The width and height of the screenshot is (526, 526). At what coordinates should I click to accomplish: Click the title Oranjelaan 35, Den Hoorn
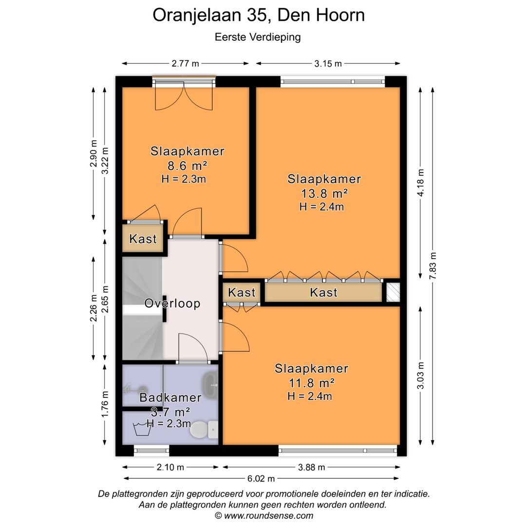[x=259, y=16]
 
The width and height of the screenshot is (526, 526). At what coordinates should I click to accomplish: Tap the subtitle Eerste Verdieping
[x=258, y=37]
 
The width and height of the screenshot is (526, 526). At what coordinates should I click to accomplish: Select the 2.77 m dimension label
[x=185, y=63]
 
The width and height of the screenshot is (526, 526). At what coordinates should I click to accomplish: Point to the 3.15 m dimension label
[x=328, y=63]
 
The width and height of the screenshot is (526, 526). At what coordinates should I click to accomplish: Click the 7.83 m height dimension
[x=433, y=266]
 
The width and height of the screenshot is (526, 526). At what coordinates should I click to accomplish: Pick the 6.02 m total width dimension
[x=261, y=479]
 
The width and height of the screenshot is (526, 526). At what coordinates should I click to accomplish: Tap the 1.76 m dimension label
[x=105, y=404]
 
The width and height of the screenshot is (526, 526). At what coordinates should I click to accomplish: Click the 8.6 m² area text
[x=187, y=166]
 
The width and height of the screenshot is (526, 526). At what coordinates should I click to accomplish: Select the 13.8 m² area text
[x=324, y=193]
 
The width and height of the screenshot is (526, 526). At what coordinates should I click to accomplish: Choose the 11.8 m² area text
[x=311, y=383]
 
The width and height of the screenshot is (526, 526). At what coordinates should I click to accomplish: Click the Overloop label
[x=172, y=303]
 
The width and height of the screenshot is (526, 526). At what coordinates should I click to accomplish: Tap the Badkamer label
[x=170, y=397]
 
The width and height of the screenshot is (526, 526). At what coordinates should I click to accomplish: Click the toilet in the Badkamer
[x=204, y=430]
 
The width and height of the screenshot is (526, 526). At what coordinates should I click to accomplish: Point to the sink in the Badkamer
[x=211, y=385]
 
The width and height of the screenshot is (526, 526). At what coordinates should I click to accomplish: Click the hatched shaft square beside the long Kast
[x=393, y=292]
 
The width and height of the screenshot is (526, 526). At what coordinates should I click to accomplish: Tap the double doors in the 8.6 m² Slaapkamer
[x=184, y=97]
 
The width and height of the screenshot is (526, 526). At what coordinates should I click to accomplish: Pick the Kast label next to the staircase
[x=143, y=239]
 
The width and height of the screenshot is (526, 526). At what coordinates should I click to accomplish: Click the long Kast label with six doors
[x=323, y=293]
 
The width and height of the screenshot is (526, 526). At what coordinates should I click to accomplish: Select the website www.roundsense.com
[x=268, y=516]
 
